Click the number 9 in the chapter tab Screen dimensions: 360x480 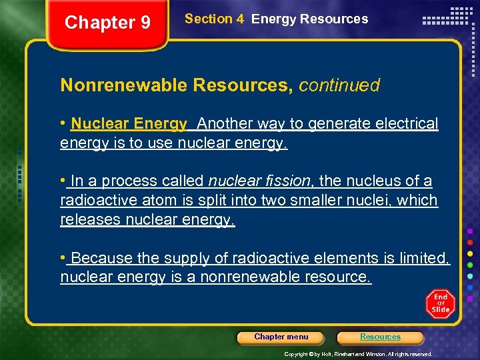[x=144, y=23]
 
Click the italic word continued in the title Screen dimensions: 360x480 [x=339, y=85]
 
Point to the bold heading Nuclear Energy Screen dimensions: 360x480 [x=129, y=124]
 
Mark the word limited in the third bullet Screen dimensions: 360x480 [x=425, y=258]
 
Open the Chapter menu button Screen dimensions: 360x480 [x=281, y=337]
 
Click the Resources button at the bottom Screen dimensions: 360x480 [x=380, y=337]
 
